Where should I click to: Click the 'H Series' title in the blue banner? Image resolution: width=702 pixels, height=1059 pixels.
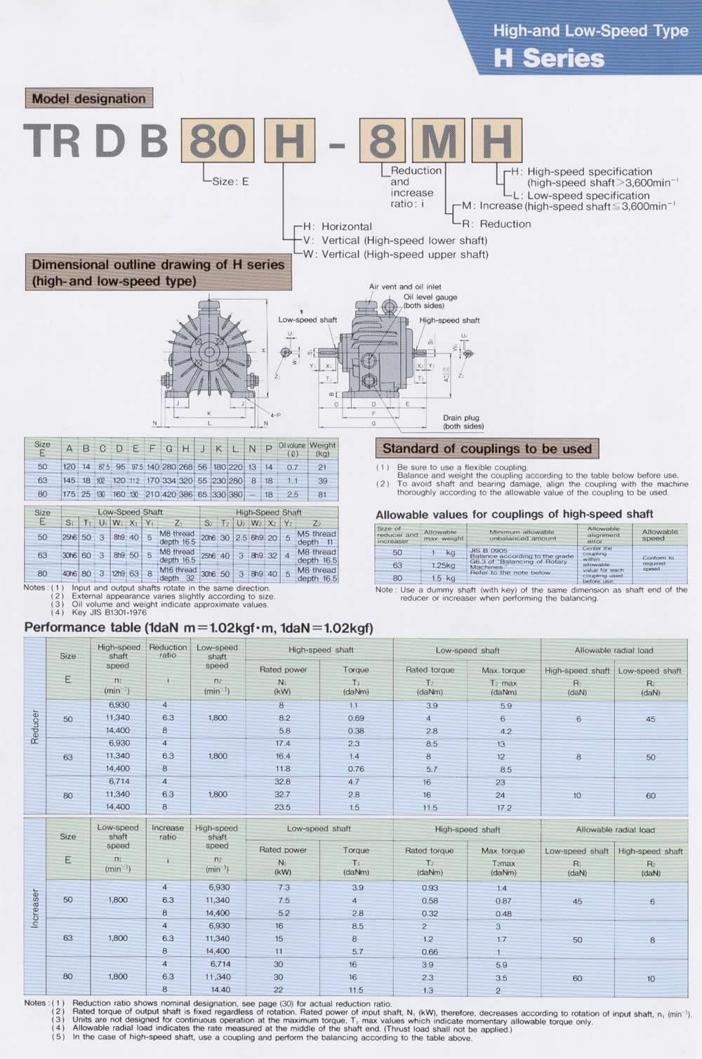click(x=548, y=58)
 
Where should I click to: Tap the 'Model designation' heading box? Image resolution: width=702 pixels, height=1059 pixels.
click(x=88, y=99)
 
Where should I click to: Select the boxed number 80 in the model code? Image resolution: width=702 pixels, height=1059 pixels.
click(x=218, y=140)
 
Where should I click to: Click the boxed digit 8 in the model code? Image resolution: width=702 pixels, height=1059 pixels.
click(x=383, y=140)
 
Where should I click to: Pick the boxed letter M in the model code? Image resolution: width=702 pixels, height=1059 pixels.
click(x=438, y=140)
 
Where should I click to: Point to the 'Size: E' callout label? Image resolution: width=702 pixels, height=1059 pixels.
click(x=230, y=181)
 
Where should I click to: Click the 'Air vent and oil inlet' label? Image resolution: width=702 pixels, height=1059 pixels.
click(x=405, y=287)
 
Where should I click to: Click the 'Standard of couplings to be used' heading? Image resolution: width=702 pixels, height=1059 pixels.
click(x=487, y=448)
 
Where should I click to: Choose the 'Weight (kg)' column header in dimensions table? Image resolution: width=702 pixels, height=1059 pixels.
click(x=322, y=449)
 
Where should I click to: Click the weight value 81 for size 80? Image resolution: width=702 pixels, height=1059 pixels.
click(x=322, y=494)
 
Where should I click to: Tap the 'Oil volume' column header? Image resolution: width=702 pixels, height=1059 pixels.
click(x=292, y=449)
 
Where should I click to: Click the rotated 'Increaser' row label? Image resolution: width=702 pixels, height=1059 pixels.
click(x=35, y=910)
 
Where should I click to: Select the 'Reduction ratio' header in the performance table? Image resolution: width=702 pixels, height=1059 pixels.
click(x=168, y=652)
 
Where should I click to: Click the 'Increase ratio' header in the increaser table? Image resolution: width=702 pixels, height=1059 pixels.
click(x=168, y=832)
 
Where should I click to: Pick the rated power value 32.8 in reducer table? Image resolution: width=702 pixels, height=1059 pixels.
click(x=282, y=781)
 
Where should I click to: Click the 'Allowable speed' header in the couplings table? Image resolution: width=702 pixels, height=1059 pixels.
click(x=660, y=535)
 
